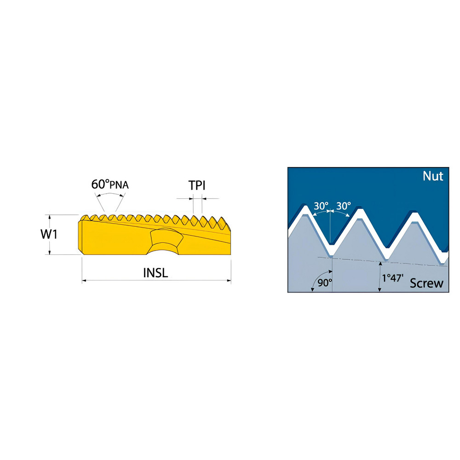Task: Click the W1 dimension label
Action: (x=49, y=234)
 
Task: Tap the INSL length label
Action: (x=155, y=273)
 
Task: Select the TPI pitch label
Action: (x=196, y=185)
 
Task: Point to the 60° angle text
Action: (x=100, y=184)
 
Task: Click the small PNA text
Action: (x=119, y=185)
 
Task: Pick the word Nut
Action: (x=433, y=176)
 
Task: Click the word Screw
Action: (x=426, y=283)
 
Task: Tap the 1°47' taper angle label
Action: (x=393, y=278)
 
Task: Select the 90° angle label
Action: (x=325, y=282)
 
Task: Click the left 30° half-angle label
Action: (x=321, y=206)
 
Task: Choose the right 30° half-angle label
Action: (x=343, y=206)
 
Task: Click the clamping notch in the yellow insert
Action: (x=165, y=241)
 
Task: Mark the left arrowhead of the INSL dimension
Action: (x=84, y=281)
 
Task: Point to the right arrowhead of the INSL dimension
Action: (x=229, y=281)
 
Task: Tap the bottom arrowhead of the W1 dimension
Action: (x=50, y=252)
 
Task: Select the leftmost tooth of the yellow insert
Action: (x=85, y=218)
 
